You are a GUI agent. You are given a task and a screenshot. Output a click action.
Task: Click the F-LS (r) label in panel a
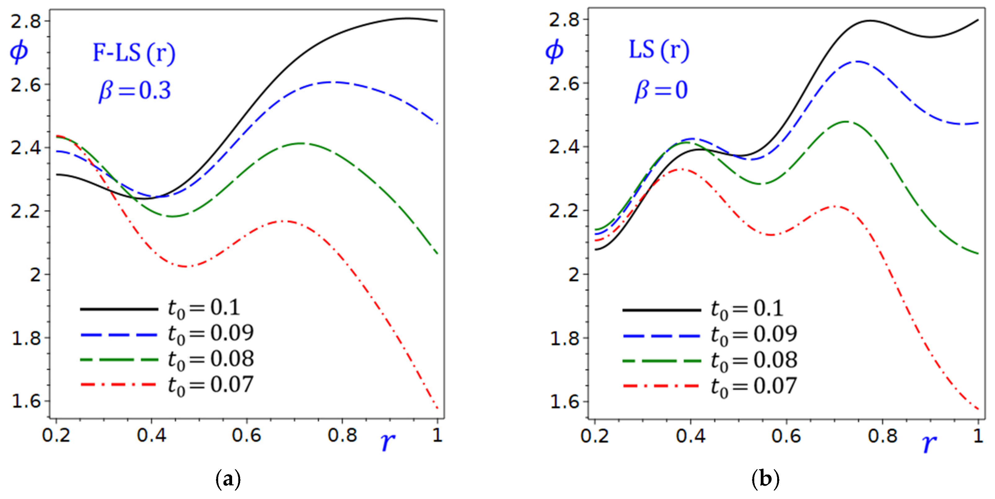(x=134, y=53)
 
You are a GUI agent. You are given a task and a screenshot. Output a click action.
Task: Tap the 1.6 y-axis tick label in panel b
(x=564, y=402)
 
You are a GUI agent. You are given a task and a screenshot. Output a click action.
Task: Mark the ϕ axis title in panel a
(x=19, y=52)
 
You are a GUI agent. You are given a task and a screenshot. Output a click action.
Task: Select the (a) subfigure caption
(x=228, y=479)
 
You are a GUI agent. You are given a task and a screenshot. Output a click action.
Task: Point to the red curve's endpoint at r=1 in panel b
(x=978, y=409)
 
